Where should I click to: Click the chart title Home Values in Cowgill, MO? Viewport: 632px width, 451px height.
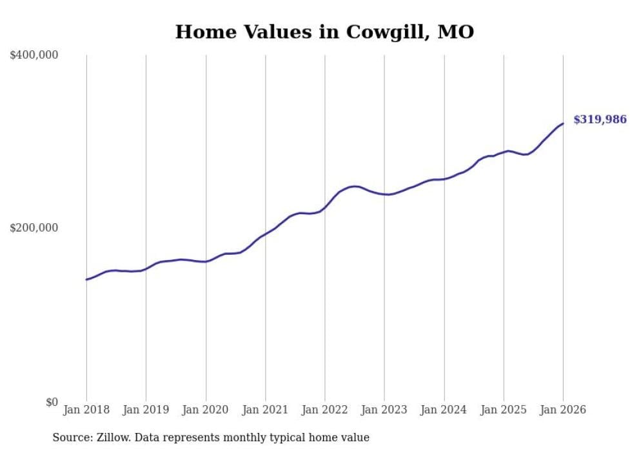[x=324, y=32]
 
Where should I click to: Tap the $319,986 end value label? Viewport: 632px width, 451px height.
[x=600, y=119]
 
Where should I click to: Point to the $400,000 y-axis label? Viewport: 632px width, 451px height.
[x=34, y=55]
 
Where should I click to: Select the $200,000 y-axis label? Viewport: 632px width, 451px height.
[x=34, y=228]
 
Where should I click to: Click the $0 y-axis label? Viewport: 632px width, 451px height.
[x=52, y=402]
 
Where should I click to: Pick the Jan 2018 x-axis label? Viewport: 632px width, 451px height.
[x=86, y=410]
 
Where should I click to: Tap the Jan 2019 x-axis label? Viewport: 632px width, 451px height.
[x=146, y=410]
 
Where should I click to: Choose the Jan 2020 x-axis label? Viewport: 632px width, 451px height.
[x=206, y=410]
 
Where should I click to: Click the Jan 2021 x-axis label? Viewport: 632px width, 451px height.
[x=265, y=410]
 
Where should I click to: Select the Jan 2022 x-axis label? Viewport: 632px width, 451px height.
[x=325, y=410]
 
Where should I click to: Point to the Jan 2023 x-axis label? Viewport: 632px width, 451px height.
[x=384, y=410]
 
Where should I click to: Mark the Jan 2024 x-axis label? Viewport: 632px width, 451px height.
[x=444, y=410]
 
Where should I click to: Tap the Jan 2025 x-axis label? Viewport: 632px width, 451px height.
[x=504, y=410]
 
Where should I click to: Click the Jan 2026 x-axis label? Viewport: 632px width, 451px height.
[x=563, y=410]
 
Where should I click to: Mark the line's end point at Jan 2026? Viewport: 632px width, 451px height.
[x=563, y=123]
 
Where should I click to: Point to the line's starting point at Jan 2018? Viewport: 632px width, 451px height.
[x=86, y=279]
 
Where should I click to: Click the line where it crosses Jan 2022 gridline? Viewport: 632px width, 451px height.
[x=325, y=206]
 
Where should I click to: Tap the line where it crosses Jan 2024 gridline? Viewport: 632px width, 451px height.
[x=444, y=179]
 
